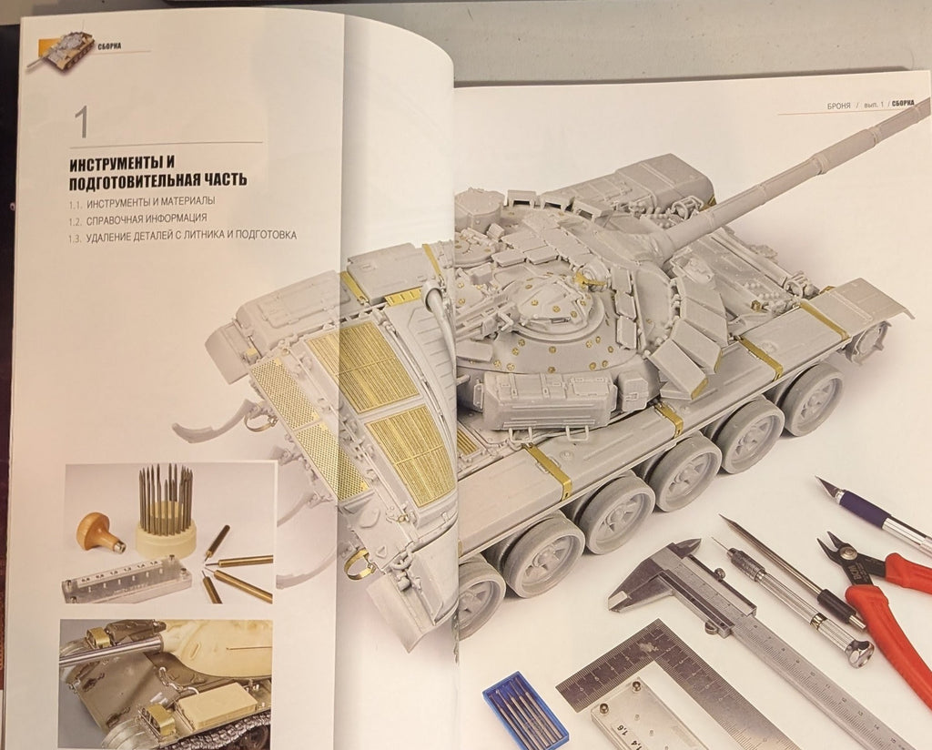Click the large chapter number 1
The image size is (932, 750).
pos(81,123)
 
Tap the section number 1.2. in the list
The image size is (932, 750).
pos(77,219)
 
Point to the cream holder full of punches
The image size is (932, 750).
pos(166,537)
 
